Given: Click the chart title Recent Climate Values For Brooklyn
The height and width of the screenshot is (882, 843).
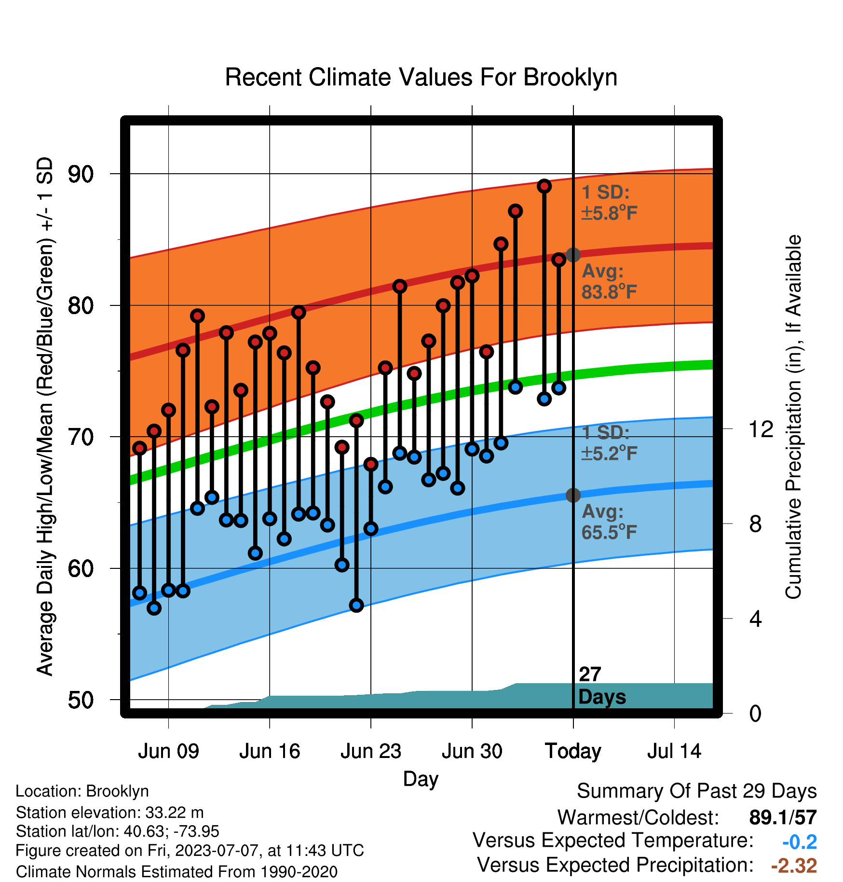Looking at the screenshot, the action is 421,77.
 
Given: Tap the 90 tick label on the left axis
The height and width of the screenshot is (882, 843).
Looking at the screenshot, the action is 81,174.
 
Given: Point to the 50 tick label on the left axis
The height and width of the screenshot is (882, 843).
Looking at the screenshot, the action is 81,700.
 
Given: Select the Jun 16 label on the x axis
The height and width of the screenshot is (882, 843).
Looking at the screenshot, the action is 270,751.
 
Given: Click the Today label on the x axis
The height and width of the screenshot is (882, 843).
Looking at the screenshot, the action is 573,751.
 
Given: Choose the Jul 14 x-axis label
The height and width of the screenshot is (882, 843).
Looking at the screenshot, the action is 674,751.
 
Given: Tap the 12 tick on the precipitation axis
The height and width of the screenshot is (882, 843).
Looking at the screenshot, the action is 761,428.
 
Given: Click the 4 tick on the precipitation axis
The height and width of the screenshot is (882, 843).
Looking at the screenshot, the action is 756,619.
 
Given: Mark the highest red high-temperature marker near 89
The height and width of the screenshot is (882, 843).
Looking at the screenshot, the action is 544,186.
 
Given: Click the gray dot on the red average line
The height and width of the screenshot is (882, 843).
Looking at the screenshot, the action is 573,254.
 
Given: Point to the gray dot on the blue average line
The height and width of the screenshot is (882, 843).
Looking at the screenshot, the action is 573,495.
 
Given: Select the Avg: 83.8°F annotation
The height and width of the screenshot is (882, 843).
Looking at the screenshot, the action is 610,281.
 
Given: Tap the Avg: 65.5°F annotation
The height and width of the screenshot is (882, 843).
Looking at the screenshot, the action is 610,522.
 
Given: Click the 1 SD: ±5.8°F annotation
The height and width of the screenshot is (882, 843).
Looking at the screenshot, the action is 610,203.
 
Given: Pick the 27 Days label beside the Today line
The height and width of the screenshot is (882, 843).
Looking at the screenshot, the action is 602,686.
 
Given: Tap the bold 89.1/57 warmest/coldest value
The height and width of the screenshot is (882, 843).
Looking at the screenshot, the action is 783,818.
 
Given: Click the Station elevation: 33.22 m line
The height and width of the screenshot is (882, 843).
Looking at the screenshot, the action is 110,813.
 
